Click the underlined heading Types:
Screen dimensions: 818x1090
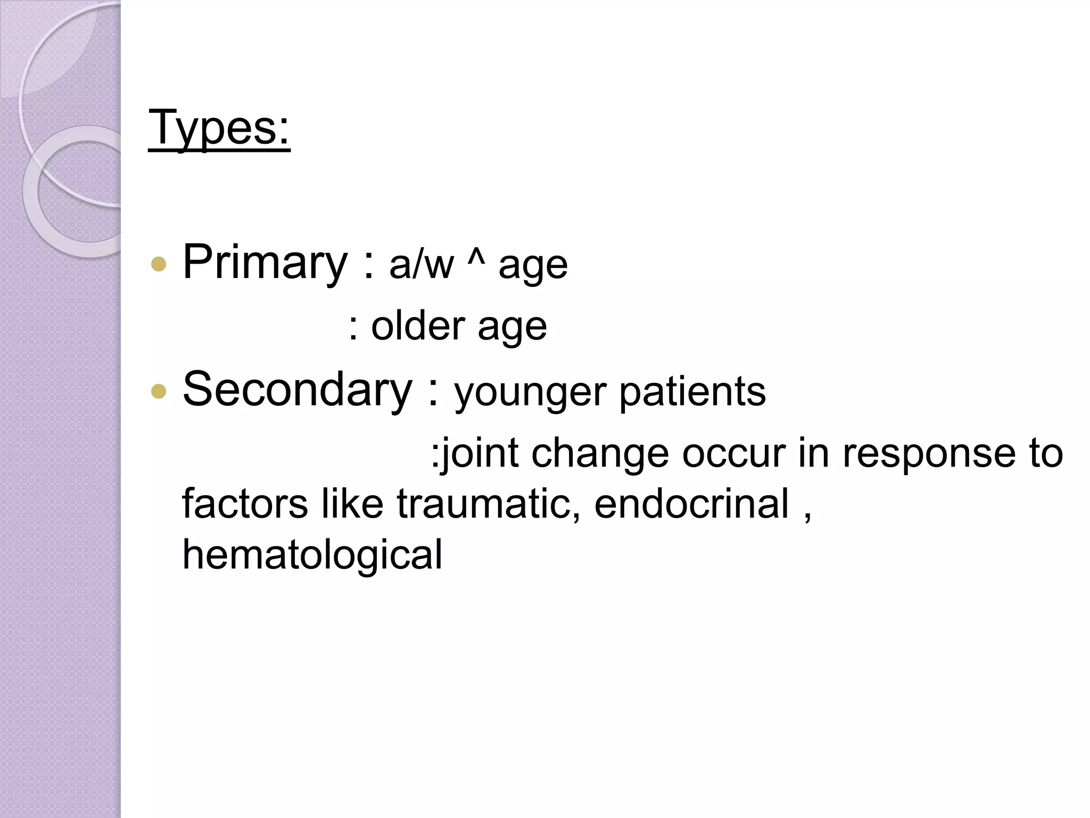[x=219, y=128]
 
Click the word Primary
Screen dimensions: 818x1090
[x=265, y=262]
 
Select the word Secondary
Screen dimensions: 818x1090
[x=298, y=389]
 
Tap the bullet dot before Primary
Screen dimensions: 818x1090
[x=159, y=264]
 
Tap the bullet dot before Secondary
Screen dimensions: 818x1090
[x=159, y=392]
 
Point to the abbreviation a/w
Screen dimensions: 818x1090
[x=422, y=265]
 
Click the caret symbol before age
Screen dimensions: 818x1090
[x=476, y=258]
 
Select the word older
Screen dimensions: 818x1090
[x=418, y=326]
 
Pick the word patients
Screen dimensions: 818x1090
[x=692, y=391]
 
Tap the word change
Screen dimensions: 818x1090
[x=600, y=454]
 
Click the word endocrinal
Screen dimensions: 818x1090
[x=691, y=503]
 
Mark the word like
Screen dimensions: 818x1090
[x=352, y=503]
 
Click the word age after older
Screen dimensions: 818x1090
[x=512, y=327]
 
